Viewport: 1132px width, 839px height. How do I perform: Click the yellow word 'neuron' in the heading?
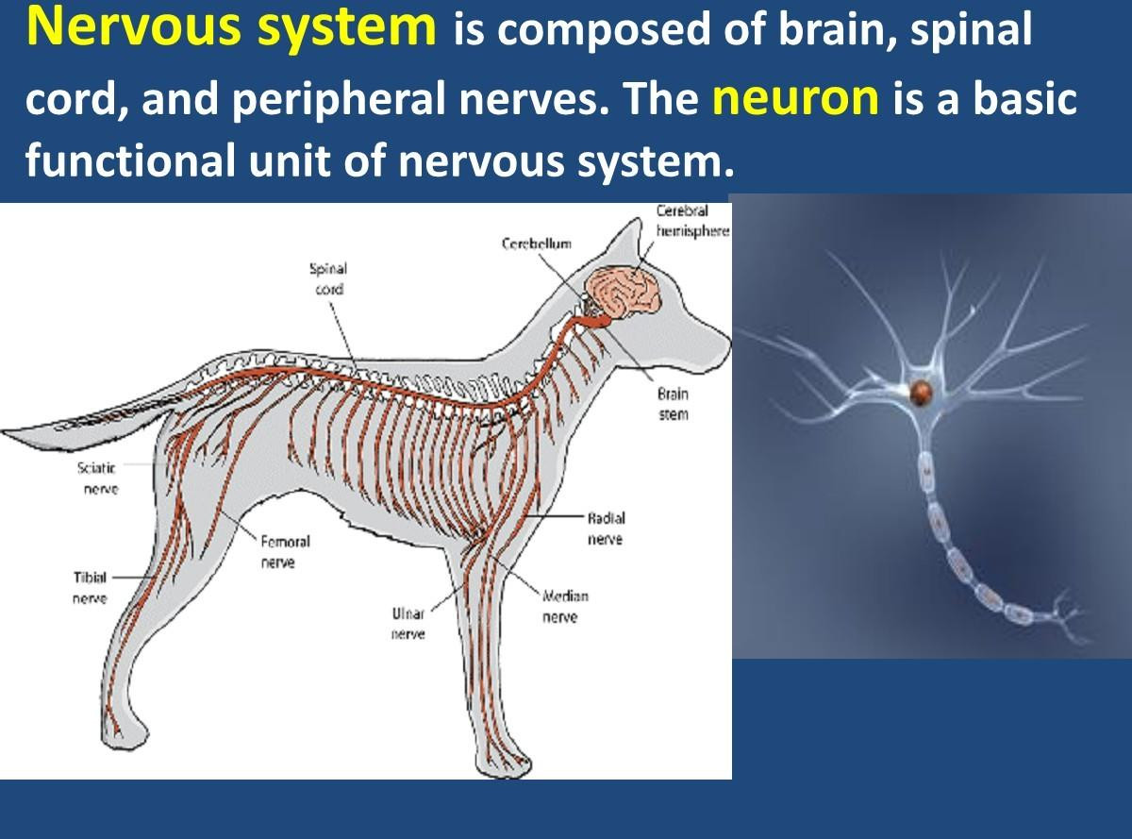[795, 98]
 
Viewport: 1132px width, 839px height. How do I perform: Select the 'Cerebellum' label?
[537, 243]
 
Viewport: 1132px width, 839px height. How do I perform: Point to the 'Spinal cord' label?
[328, 278]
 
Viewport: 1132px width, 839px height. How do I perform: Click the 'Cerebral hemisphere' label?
[692, 221]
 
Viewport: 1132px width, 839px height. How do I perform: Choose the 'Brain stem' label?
[673, 404]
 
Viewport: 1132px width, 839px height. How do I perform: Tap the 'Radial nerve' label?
[606, 529]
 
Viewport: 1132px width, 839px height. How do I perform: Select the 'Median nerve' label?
[564, 607]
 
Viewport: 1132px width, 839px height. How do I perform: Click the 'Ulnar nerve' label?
[408, 624]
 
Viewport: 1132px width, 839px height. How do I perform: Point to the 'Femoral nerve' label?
[285, 552]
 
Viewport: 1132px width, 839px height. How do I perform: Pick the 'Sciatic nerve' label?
[97, 478]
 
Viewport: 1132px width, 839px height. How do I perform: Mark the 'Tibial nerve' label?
[90, 588]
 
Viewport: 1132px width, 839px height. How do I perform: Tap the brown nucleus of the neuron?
[921, 393]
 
